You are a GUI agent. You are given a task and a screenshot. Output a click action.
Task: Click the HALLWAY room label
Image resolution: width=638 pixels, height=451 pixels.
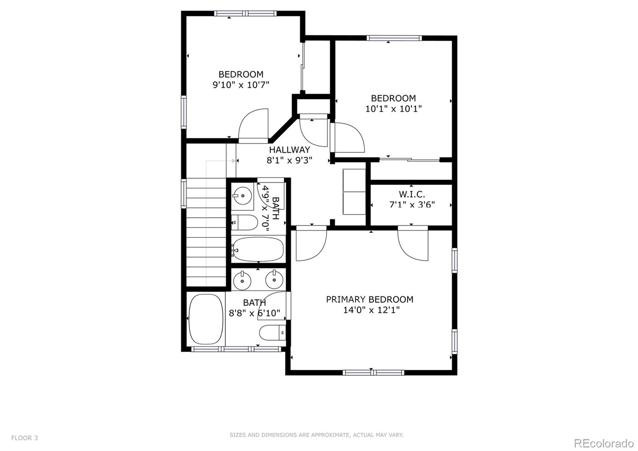click(289, 150)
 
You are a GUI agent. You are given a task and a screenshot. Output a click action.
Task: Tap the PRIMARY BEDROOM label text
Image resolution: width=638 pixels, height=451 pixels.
click(369, 299)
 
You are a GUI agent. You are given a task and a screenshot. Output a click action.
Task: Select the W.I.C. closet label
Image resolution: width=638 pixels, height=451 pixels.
click(412, 195)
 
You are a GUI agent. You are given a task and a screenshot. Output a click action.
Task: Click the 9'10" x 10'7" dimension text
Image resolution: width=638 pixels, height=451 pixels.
click(241, 85)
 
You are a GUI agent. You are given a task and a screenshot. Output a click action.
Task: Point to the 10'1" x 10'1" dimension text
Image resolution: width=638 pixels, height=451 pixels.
click(393, 109)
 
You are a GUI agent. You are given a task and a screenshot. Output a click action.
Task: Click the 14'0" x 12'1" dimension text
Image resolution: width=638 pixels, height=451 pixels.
click(371, 310)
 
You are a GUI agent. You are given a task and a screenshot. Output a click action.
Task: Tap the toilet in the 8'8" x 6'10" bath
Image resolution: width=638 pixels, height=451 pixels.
click(273, 332)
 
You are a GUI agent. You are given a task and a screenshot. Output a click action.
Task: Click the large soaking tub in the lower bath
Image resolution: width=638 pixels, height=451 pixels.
click(206, 319)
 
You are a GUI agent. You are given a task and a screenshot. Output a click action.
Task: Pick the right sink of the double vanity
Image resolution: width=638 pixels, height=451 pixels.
click(274, 279)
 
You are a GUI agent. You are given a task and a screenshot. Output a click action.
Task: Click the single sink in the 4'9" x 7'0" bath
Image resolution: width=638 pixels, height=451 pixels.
click(242, 196)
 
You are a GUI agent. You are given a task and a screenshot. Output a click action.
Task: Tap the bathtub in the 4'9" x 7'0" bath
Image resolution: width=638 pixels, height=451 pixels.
click(258, 249)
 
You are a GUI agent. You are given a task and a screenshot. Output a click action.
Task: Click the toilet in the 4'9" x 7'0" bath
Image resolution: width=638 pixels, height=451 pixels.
click(245, 222)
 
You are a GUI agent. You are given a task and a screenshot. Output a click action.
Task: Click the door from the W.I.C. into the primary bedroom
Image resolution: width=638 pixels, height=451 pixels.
click(413, 243)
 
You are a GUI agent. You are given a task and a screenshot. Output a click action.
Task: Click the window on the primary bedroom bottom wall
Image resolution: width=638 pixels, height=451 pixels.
click(373, 373)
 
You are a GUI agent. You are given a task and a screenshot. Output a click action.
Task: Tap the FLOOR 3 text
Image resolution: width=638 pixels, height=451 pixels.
click(24, 438)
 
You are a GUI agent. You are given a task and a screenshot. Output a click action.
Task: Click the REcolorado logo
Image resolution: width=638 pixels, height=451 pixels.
click(603, 443)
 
